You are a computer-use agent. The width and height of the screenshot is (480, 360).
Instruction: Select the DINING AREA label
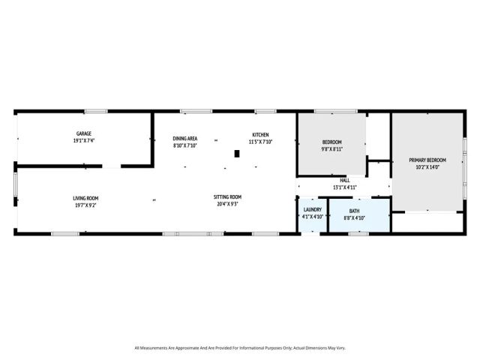(184, 138)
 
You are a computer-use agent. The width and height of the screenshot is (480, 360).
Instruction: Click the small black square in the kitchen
(237, 154)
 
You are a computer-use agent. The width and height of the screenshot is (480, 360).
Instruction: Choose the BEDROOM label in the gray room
(331, 142)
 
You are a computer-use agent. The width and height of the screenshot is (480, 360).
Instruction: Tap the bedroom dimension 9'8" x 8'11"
(331, 149)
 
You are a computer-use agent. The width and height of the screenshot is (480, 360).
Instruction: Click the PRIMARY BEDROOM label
(427, 160)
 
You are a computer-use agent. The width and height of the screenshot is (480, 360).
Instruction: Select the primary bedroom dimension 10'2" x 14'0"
(427, 167)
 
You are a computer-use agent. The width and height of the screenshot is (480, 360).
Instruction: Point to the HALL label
(344, 180)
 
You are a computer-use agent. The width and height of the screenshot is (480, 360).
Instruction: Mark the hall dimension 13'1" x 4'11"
(344, 187)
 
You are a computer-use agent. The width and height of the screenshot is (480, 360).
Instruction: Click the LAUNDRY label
(312, 209)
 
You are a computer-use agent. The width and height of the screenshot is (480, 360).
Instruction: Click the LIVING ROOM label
(85, 198)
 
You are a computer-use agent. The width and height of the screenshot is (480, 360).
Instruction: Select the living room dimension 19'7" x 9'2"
(85, 205)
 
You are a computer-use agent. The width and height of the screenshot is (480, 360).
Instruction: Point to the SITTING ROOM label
(228, 197)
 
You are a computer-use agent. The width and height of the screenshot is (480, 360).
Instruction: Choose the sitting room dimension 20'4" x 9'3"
(228, 204)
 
